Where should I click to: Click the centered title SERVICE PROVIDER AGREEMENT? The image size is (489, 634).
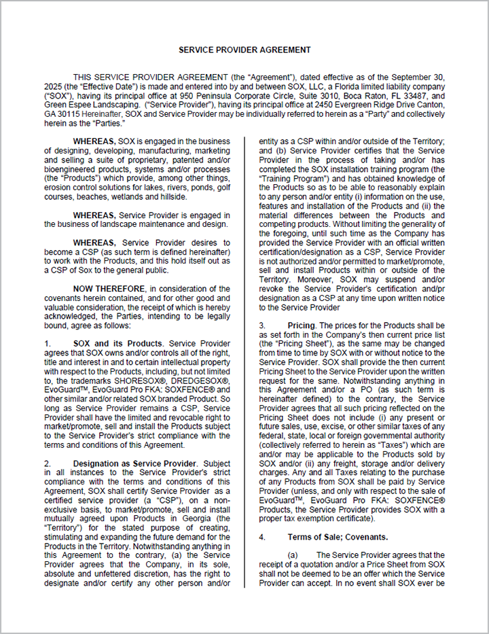(244, 50)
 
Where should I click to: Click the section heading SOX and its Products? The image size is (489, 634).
(117, 343)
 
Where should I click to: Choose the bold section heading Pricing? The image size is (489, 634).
(302, 325)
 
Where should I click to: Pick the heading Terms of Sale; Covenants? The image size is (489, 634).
(332, 537)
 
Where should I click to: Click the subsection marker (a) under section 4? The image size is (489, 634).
(293, 554)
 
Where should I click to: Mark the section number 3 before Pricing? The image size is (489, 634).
(261, 325)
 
